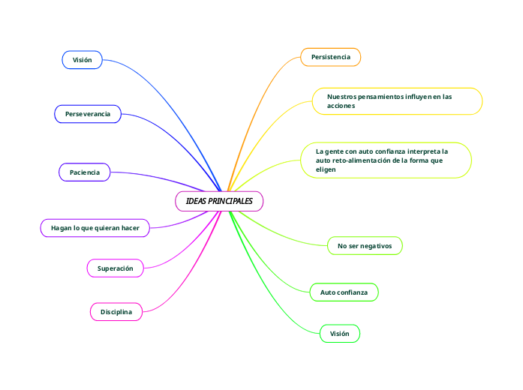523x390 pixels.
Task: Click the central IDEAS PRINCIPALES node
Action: pyautogui.click(x=219, y=201)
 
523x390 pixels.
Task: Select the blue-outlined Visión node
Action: pyautogui.click(x=82, y=59)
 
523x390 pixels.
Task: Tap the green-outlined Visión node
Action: pyautogui.click(x=339, y=333)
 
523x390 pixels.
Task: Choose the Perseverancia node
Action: pyautogui.click(x=88, y=114)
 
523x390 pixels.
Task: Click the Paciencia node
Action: pyautogui.click(x=85, y=172)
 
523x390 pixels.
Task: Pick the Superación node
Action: pyautogui.click(x=116, y=268)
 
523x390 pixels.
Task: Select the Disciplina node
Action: pyautogui.click(x=116, y=311)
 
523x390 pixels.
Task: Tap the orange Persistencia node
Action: pyautogui.click(x=330, y=57)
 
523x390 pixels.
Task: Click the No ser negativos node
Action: pyautogui.click(x=365, y=245)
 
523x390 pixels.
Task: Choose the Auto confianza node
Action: pyautogui.click(x=344, y=291)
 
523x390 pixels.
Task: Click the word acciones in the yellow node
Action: pyautogui.click(x=341, y=106)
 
